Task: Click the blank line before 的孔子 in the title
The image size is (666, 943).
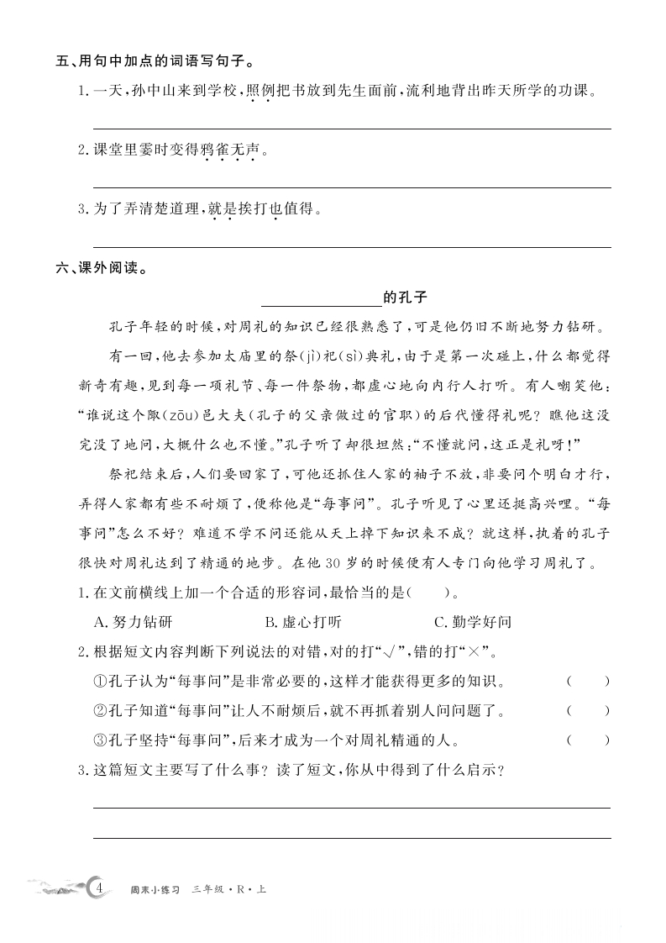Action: (322, 298)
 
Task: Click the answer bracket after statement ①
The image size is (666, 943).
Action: (587, 681)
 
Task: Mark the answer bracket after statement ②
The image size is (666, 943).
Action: (587, 711)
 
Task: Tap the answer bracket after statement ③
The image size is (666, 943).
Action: (587, 740)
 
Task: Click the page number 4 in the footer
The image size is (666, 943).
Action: (99, 888)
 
